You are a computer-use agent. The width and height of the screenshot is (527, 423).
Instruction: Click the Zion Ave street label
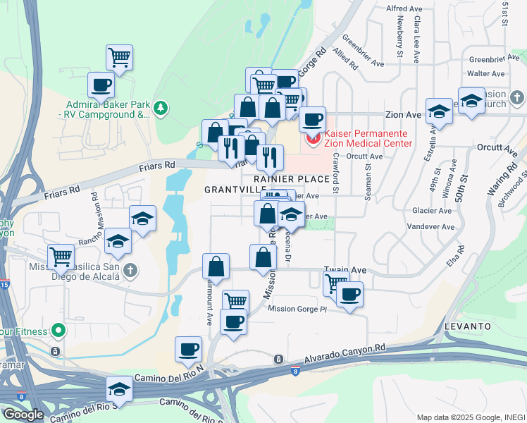tap(403, 114)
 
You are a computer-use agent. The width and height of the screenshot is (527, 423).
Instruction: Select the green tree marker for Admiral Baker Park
tap(162, 107)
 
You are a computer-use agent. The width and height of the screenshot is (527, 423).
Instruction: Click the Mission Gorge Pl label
tap(298, 309)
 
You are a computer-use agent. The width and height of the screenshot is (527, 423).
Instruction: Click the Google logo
tap(23, 415)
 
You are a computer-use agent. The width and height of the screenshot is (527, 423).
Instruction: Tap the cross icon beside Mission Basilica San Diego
tap(130, 269)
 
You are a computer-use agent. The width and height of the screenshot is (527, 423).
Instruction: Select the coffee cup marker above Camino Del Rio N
tap(189, 349)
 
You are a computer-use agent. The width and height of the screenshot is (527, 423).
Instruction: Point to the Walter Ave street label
tap(486, 73)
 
